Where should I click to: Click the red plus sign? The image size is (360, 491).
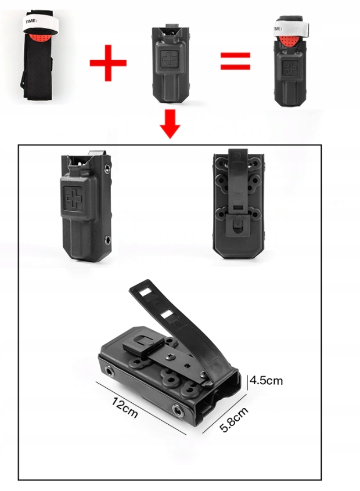(108, 63)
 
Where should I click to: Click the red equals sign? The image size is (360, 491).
(235, 61)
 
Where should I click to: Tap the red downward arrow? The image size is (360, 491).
(170, 124)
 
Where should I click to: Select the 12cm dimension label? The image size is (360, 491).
(124, 407)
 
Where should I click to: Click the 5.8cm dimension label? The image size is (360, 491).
(234, 419)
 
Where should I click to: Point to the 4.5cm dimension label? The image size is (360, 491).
(266, 381)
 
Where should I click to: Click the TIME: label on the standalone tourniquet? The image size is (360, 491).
(31, 21)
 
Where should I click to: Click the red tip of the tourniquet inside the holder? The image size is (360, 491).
(289, 41)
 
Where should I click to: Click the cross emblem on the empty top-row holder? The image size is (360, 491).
(168, 57)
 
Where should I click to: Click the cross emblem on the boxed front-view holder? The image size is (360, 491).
(73, 198)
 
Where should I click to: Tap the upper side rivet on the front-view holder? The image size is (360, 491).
(107, 168)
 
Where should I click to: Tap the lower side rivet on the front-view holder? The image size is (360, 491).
(108, 240)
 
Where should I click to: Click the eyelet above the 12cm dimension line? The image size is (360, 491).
(110, 371)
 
